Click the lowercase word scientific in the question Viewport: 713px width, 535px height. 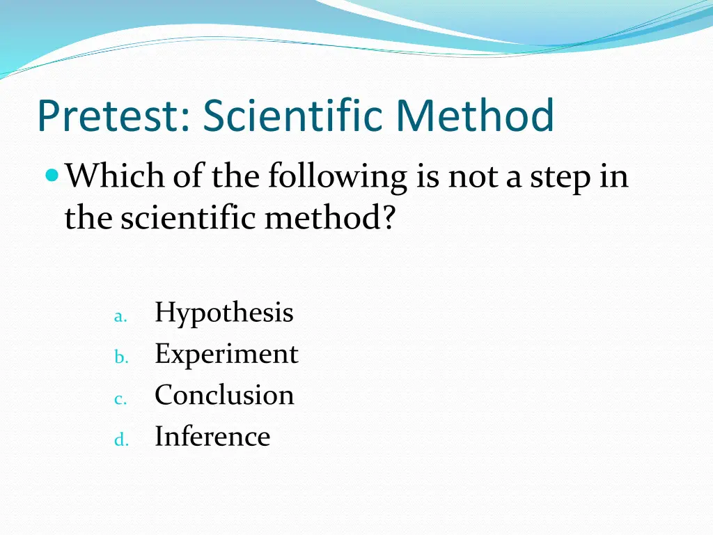pos(189,219)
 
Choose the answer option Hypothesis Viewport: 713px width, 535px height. pos(224,313)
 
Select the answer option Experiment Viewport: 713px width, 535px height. pos(226,355)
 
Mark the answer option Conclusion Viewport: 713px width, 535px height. pos(224,395)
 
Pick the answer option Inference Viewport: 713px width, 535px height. pos(212,437)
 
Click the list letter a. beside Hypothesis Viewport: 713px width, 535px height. pos(120,317)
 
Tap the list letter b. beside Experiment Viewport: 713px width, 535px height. pos(120,358)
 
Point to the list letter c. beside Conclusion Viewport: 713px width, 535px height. pos(119,399)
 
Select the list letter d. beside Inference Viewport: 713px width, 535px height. pos(120,440)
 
